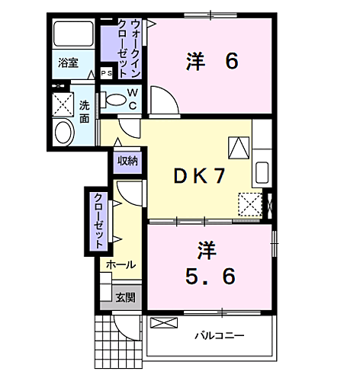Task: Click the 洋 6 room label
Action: pos(211,62)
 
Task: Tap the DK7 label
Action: pos(197,176)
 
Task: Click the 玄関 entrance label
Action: pos(125,298)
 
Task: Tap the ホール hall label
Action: pos(121,265)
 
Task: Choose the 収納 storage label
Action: pos(127,161)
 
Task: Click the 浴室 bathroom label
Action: pos(69,63)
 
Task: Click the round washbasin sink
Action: pos(63,132)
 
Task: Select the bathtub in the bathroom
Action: pos(72,35)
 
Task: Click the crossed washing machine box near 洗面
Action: pos(61,102)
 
